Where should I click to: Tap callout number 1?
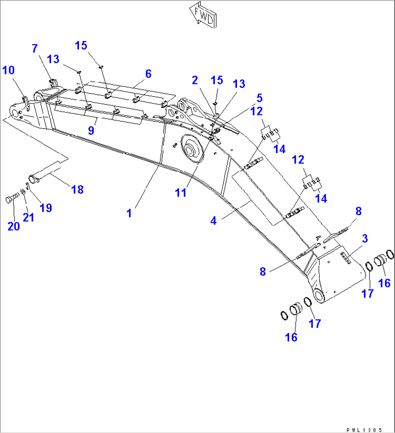pos(129,213)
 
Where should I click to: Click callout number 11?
pos(181,192)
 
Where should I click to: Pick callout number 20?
pos(14,226)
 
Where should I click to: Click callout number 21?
pos(29,217)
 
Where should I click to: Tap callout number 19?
pos(46,207)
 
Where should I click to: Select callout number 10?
pos(9,70)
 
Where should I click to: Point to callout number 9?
pos(91,130)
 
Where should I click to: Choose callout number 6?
pos(148,73)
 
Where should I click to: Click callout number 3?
pos(365,238)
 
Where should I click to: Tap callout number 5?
pos(259,98)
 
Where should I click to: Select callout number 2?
pos(195,80)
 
